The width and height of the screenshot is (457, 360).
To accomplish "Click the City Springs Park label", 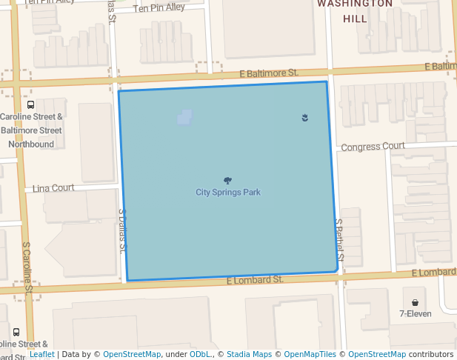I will pos(228,193).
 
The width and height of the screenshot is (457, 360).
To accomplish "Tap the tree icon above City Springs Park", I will pos(227,181).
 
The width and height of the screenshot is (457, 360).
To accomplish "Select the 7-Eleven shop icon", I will pos(415,302).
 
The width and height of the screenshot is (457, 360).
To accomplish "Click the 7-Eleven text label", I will pos(415,314).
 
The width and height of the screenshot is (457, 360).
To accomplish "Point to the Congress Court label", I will pos(373,147).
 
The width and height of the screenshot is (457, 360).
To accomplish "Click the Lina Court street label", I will pos(53,188).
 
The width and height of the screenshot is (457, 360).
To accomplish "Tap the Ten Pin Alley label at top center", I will pos(159,7).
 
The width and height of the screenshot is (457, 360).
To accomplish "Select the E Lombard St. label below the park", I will pos(255,279).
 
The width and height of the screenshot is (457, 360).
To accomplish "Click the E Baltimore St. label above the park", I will pos(269,73).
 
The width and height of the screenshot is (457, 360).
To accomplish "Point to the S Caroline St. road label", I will pos(27,267).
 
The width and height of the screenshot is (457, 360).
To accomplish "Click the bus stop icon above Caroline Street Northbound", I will pos(30,104).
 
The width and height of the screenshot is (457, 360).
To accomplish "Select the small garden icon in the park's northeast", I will pos(305,117).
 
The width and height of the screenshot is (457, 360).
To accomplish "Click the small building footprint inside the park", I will pos(184,117).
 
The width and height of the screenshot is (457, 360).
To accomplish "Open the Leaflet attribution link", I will pos(42,354).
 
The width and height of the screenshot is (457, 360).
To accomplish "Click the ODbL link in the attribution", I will pos(200,354).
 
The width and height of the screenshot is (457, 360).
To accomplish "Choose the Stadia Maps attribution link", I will pos(249,354).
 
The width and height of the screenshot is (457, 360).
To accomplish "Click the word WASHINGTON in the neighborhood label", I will pos(355,4).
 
